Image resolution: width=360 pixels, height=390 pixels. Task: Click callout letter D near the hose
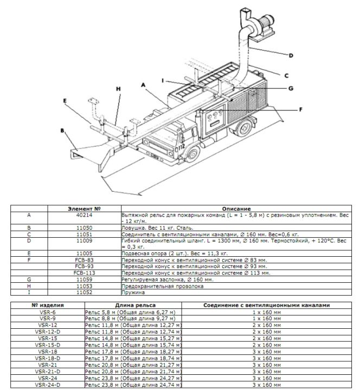tap(291, 55)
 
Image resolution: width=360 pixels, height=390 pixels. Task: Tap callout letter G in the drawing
tap(291, 88)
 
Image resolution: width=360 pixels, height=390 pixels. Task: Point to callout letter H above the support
tap(118, 88)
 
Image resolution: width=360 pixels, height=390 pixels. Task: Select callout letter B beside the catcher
tap(62, 131)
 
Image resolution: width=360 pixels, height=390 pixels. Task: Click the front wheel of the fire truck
tap(192, 154)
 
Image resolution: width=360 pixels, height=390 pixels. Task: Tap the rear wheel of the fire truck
tap(244, 127)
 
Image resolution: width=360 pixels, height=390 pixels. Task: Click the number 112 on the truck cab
tap(181, 147)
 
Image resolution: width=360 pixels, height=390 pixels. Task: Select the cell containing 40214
tap(84, 215)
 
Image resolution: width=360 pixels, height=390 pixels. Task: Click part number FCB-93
tap(84, 266)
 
